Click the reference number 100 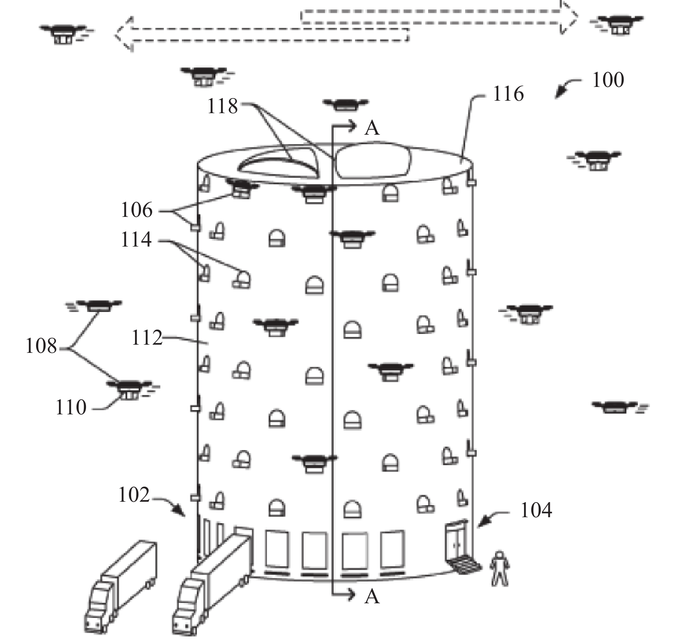608,80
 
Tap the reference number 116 508,94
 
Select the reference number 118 222,106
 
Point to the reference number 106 136,210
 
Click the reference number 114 136,240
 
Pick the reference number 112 147,338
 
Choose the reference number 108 41,346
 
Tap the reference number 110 71,407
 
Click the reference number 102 134,495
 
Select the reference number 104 536,510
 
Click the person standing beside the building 499,568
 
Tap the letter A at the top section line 372,128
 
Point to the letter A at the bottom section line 372,597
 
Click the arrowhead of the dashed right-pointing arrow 568,16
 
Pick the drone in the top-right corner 617,25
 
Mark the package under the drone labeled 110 128,394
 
